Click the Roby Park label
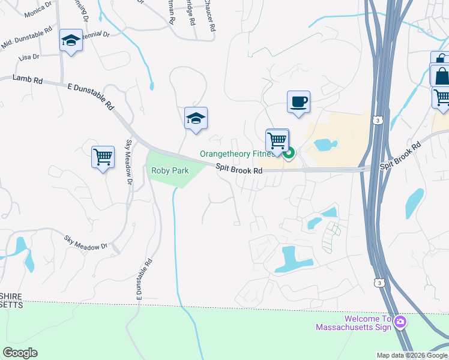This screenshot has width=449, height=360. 170,171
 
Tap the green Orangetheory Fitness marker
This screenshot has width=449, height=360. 289,155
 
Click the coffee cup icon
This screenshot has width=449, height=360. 298,102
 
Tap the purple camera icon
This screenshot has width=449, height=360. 400,322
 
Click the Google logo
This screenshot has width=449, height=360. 20,353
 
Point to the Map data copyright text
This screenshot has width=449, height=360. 411,355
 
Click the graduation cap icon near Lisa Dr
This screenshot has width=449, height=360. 71,41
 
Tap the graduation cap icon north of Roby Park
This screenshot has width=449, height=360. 196,118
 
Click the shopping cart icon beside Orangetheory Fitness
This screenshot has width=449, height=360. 277,140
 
